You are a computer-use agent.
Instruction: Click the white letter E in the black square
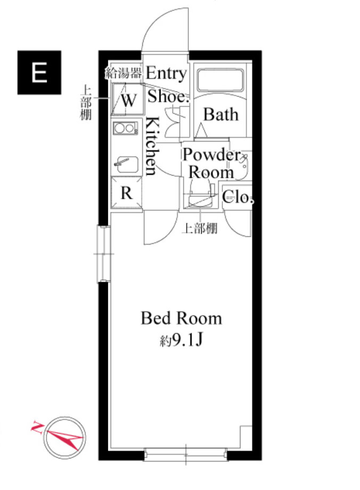tap(39, 72)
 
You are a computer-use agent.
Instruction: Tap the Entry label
tap(166, 73)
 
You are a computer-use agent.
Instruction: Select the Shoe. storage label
tap(168, 96)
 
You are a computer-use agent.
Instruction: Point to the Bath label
tap(220, 115)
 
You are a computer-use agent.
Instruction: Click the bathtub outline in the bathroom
tap(220, 80)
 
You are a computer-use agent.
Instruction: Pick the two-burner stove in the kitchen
tap(125, 128)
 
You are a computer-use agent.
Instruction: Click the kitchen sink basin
tap(127, 165)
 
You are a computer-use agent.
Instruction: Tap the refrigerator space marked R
tap(127, 192)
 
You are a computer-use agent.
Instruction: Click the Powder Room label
tap(211, 164)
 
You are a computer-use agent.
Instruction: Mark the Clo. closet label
tap(238, 197)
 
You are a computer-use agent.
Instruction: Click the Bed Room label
tap(181, 318)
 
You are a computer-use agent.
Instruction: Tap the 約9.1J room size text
tap(181, 340)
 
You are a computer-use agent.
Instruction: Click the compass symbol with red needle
tap(64, 438)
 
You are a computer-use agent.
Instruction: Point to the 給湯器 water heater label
tap(123, 73)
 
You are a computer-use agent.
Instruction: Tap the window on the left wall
tap(103, 254)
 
